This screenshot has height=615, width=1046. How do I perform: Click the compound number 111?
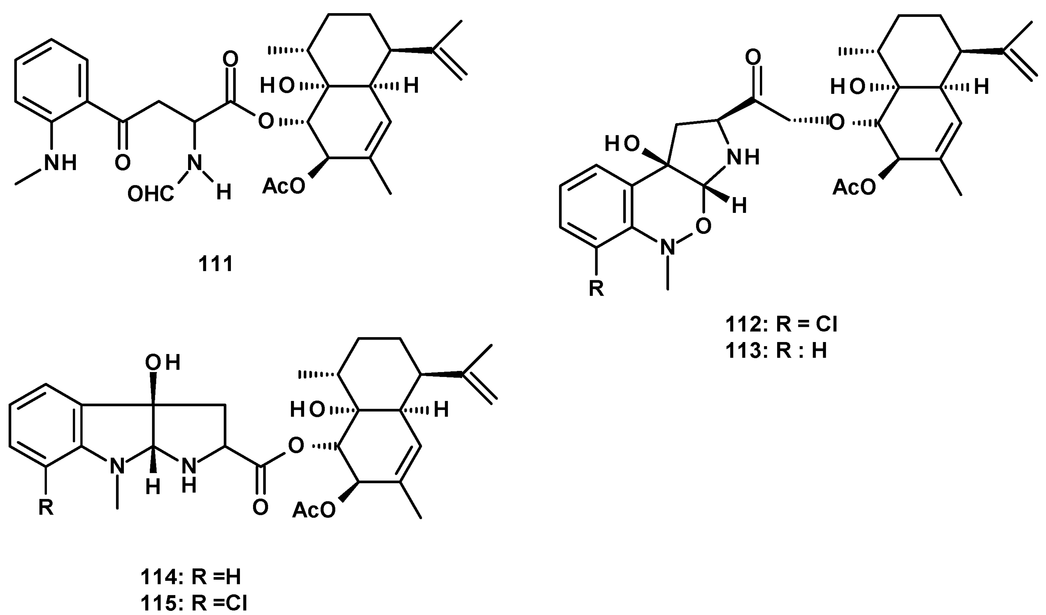(x=215, y=264)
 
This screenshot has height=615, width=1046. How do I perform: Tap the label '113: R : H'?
(x=776, y=351)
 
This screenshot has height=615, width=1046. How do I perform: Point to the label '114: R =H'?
(x=190, y=577)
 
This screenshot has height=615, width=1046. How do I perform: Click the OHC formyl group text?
(x=150, y=194)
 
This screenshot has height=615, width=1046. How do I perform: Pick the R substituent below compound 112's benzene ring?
(x=596, y=288)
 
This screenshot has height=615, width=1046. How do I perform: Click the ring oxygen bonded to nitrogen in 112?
(x=703, y=226)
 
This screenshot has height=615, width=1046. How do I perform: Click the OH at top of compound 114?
(x=162, y=363)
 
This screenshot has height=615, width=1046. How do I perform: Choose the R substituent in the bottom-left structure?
(x=46, y=508)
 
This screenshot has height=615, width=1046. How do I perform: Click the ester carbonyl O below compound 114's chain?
(x=260, y=508)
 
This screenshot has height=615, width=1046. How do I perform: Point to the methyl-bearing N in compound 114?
(x=117, y=467)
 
